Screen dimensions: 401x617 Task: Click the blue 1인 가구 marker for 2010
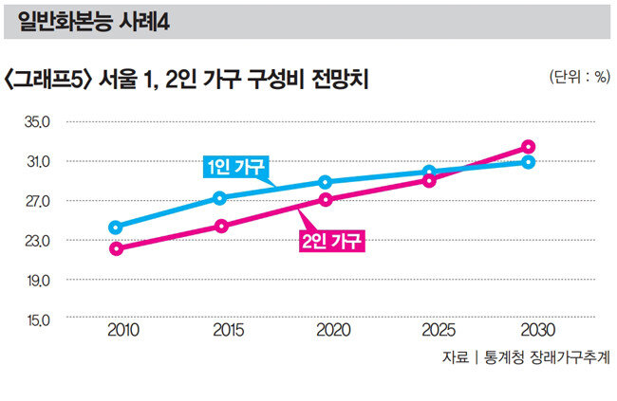pyautogui.click(x=116, y=228)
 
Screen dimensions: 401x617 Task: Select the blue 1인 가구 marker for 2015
pyautogui.click(x=220, y=198)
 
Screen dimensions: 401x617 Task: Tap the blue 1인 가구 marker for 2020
pyautogui.click(x=325, y=182)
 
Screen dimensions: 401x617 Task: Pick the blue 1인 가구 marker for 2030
pyautogui.click(x=529, y=162)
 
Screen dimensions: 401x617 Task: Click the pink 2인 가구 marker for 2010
pyautogui.click(x=116, y=249)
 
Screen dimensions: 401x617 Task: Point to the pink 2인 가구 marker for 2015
pyautogui.click(x=220, y=227)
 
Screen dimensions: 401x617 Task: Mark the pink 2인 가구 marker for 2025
pyautogui.click(x=429, y=180)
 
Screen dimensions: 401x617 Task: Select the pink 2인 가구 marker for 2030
pyautogui.click(x=529, y=147)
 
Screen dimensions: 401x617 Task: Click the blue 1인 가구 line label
pyautogui.click(x=236, y=168)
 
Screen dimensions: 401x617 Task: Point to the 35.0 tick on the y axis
pyautogui.click(x=36, y=122)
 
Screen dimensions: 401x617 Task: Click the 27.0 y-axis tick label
pyautogui.click(x=36, y=202)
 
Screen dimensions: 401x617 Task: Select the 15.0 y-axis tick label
pyautogui.click(x=36, y=319)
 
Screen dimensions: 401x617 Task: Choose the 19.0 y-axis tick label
pyautogui.click(x=36, y=281)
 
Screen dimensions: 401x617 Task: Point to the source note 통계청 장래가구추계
pyautogui.click(x=547, y=359)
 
